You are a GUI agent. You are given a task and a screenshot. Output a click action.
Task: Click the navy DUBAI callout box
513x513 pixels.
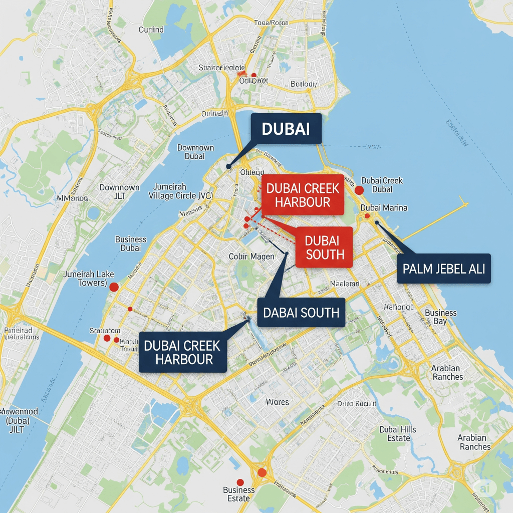point(285,129)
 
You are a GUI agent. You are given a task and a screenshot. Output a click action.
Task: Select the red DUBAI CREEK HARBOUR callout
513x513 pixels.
point(303,195)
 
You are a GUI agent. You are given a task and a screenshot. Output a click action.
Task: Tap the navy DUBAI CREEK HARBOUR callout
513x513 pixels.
point(182,352)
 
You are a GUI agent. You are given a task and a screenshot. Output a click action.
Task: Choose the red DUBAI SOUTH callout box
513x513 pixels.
point(325,247)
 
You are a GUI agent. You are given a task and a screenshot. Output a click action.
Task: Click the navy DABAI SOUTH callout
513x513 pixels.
point(301,313)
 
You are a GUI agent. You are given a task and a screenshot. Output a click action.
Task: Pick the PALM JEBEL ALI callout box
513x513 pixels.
point(443,269)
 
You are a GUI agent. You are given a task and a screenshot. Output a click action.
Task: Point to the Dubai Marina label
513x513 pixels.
point(384,208)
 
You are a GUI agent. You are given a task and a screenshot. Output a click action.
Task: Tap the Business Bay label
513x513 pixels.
point(440,317)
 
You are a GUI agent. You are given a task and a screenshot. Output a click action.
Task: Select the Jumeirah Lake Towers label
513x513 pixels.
point(89,279)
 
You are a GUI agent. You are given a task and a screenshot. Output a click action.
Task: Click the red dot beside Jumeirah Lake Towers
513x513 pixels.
point(113,287)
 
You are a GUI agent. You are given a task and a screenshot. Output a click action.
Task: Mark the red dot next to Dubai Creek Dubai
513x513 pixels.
point(359,190)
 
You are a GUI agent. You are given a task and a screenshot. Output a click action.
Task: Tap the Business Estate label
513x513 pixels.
point(239,494)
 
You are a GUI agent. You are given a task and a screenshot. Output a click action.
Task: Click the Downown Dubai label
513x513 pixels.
point(195,152)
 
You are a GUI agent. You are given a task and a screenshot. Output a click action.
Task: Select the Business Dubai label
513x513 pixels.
point(131,243)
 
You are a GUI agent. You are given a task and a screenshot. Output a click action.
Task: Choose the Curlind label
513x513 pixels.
point(151,30)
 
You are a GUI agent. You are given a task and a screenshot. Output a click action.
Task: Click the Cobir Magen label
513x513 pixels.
point(251,256)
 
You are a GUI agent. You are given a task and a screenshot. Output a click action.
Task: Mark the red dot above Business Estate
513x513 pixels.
point(240,481)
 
